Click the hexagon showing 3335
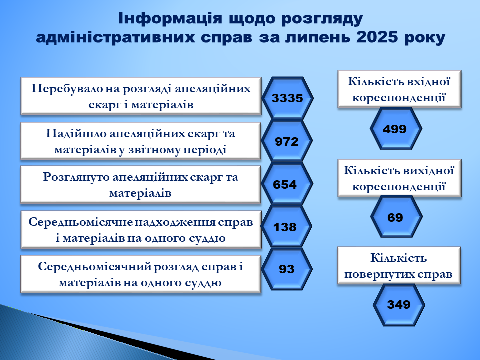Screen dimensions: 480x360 click(287, 98)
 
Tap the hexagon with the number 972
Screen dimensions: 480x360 click(287, 141)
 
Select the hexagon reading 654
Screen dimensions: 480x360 click(287, 184)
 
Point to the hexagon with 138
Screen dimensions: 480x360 click(286, 226)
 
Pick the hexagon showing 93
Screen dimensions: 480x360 click(287, 269)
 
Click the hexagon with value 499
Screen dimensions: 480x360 click(396, 129)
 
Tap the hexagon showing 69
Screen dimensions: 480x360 click(396, 217)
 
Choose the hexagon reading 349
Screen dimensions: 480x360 click(399, 305)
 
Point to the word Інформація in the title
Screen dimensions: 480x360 click(170, 18)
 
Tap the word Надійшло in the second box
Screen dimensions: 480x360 click(75, 134)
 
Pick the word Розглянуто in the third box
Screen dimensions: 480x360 click(76, 177)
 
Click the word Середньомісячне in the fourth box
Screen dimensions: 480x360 click(79, 222)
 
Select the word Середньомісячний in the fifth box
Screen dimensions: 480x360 click(93, 267)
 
